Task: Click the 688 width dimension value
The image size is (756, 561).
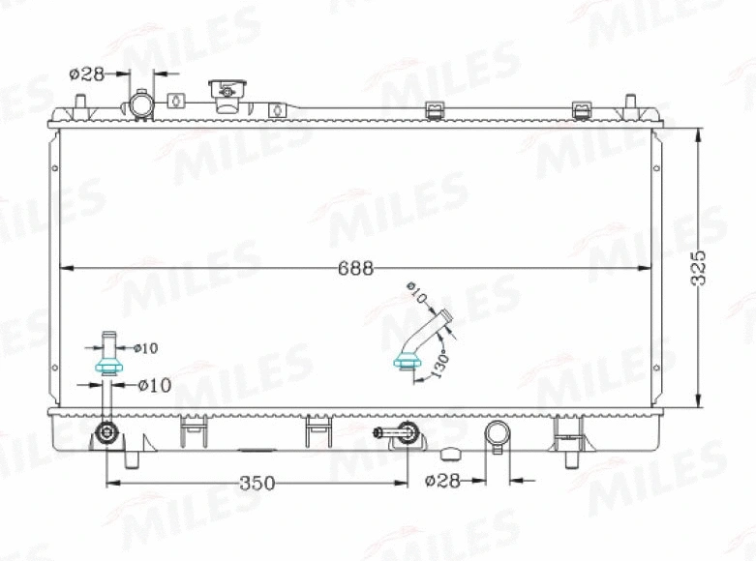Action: click(355, 269)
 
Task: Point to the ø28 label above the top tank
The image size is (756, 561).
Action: click(87, 74)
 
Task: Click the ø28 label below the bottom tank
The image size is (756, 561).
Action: click(441, 481)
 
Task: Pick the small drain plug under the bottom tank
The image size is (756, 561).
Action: click(450, 453)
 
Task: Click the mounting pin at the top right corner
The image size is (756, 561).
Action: click(631, 102)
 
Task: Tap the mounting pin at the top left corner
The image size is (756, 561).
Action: click(78, 102)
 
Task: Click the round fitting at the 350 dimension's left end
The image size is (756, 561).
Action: click(106, 431)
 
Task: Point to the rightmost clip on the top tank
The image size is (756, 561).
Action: click(581, 109)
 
